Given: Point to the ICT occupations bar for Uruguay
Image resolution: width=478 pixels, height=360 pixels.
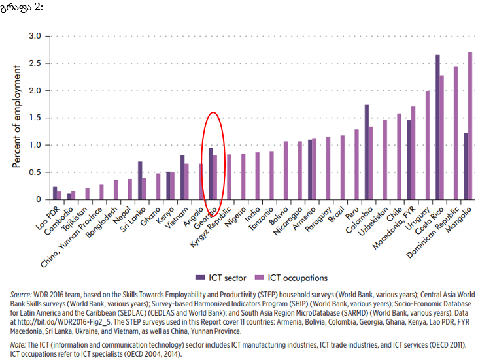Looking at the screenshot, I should tap(428, 145).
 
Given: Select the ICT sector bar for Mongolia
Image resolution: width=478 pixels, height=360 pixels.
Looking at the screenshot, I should tap(466, 166).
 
